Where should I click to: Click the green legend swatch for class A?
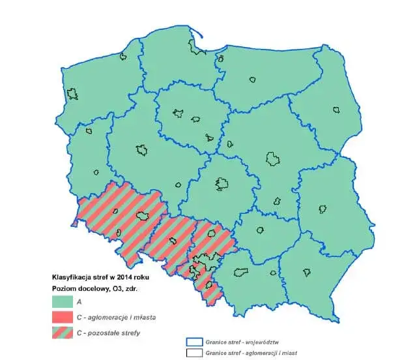point(63,302)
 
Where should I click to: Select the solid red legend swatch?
point(63,318)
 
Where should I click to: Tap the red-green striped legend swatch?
point(63,333)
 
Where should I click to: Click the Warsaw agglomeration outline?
point(273,158)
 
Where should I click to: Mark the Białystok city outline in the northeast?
point(337,109)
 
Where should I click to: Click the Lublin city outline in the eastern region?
point(321,209)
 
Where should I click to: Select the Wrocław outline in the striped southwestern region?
point(143,216)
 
